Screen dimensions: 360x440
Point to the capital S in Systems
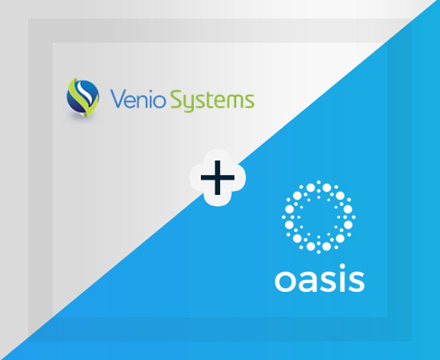tap(180, 100)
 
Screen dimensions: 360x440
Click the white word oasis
tap(319, 281)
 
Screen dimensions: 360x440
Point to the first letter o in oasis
tap(284, 282)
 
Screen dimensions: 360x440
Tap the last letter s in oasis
tap(356, 282)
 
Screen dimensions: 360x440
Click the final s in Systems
tap(251, 102)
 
